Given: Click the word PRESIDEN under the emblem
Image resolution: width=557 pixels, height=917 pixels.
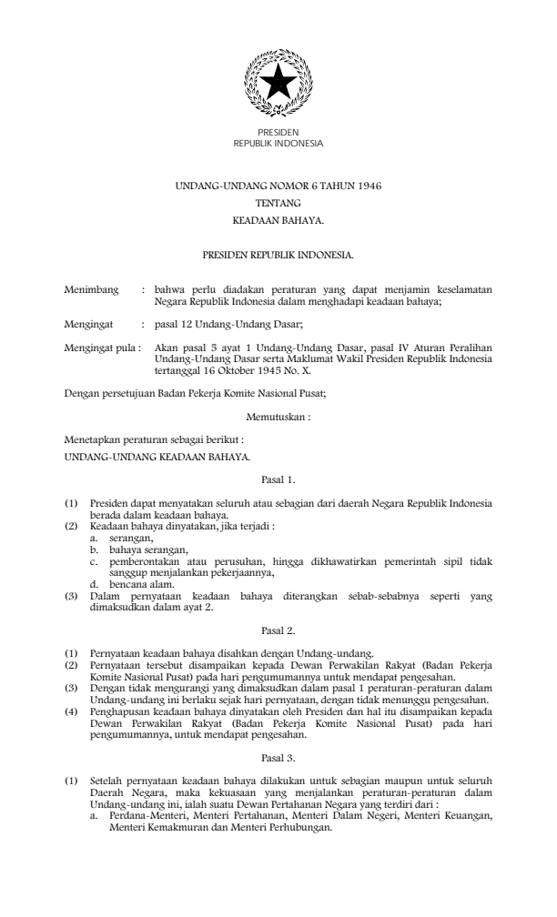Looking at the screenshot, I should point(278,133).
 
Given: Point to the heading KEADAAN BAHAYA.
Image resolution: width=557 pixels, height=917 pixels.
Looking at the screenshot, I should point(278,220).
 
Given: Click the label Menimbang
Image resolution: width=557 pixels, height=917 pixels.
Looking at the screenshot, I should point(91,290).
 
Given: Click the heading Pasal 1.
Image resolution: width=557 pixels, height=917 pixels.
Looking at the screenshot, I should point(278,478).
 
